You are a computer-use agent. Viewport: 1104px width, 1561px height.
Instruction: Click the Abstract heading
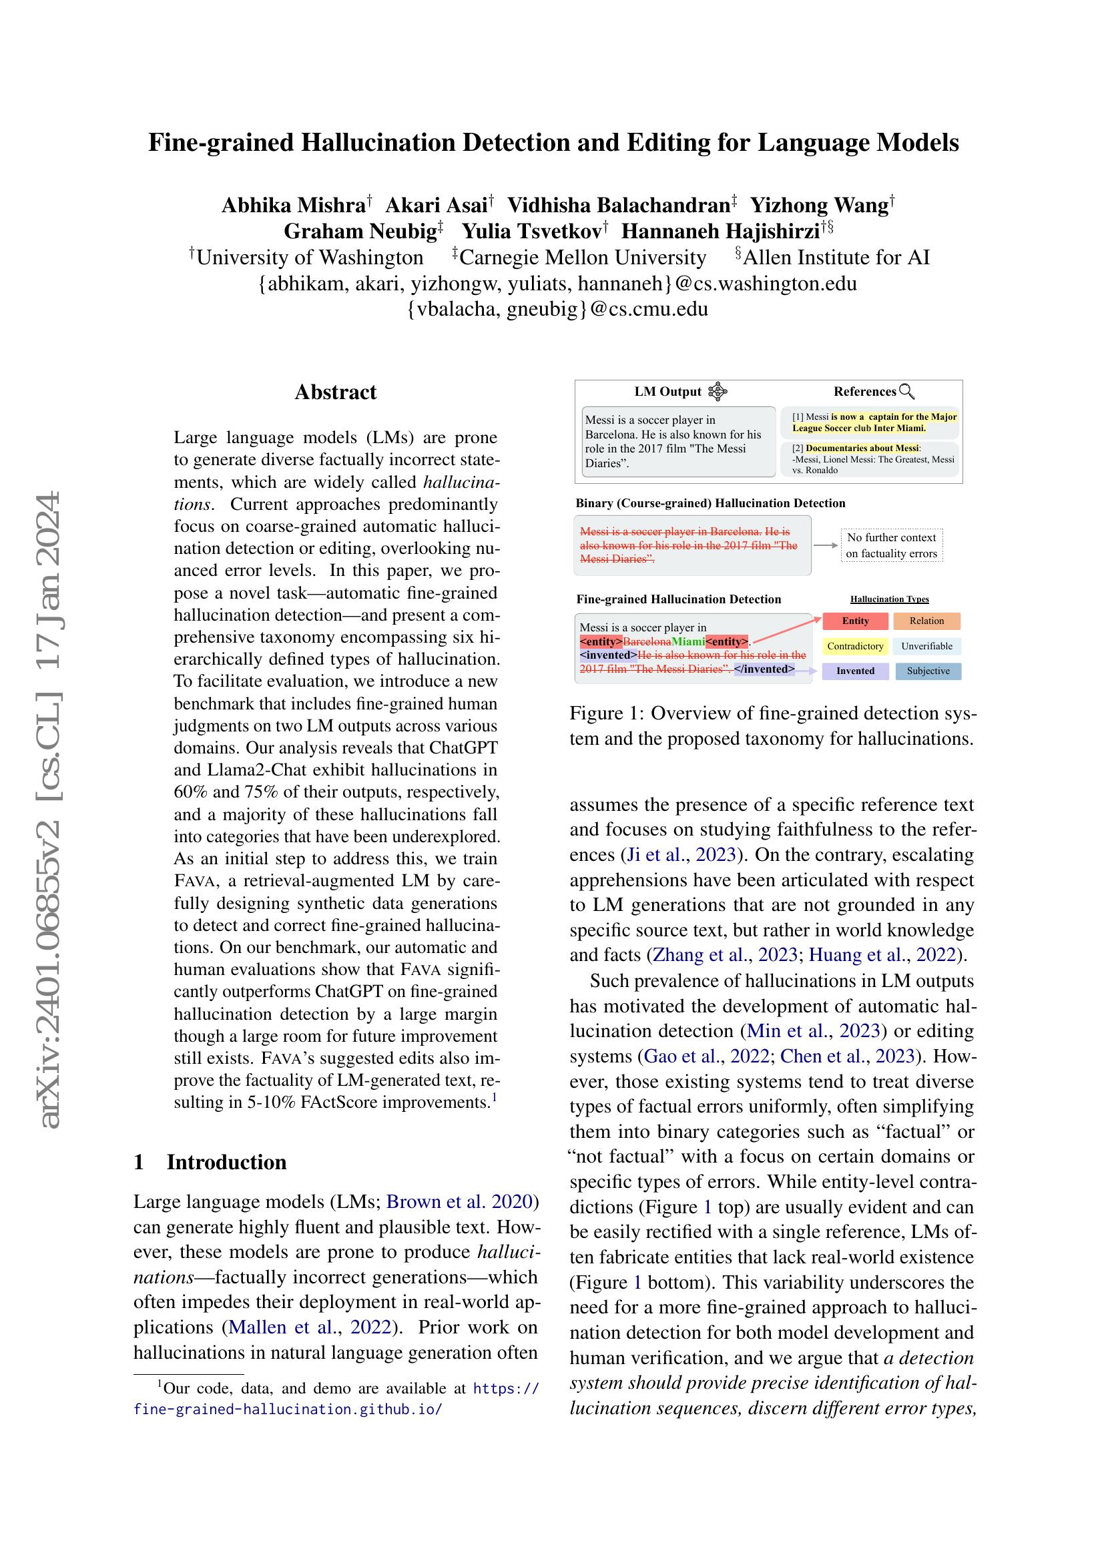335,392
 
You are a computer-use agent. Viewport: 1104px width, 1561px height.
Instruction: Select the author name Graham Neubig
360,231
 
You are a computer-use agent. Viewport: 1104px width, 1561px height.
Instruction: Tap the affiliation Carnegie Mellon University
583,258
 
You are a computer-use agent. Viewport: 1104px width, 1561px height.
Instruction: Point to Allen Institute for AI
836,258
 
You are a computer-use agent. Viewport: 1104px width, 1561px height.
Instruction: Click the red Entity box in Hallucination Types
854,621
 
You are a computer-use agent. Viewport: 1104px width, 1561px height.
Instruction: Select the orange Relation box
926,621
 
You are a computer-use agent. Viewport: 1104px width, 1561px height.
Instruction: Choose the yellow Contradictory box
854,646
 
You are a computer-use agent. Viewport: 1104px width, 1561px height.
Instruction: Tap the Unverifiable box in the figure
926,646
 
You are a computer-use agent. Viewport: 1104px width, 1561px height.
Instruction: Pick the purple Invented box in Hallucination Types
854,671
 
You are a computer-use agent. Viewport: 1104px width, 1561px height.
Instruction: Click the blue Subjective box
927,671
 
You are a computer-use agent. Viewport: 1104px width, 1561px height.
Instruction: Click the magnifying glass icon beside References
907,392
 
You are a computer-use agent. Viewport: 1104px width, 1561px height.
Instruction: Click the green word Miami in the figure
688,642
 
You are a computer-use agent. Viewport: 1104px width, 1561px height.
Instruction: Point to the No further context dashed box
891,545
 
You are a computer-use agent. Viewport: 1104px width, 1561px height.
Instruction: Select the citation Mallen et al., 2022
310,1327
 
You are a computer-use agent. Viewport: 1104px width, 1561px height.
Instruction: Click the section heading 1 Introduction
210,1162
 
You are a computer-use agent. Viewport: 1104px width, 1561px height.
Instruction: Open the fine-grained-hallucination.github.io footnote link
288,1410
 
